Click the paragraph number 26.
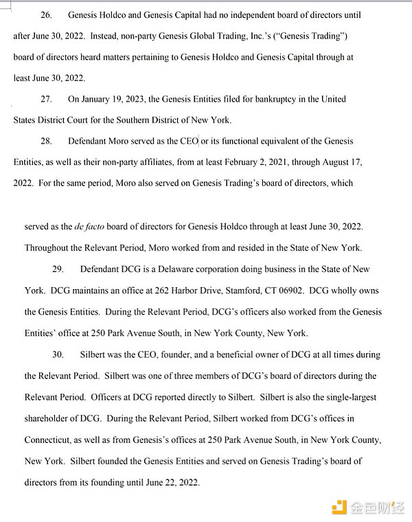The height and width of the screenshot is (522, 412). [46, 14]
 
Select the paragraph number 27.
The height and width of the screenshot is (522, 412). [46, 99]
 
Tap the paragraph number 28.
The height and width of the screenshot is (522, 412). [46, 141]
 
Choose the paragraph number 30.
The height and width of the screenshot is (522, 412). [58, 354]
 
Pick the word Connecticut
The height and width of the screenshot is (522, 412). [50, 440]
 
